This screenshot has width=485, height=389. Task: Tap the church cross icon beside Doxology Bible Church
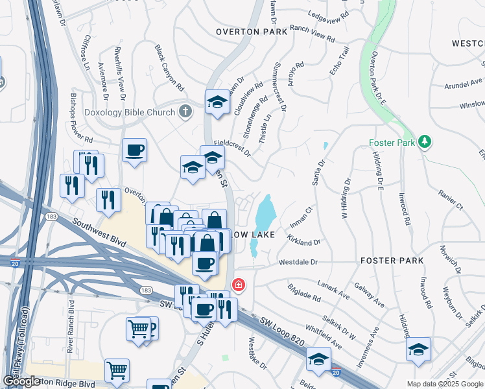click(185, 112)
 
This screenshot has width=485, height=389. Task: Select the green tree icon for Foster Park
click(425, 141)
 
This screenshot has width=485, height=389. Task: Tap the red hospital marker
click(239, 285)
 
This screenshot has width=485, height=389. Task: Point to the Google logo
click(21, 381)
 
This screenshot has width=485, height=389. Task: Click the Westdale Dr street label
click(298, 263)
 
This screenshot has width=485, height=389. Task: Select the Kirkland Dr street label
click(303, 240)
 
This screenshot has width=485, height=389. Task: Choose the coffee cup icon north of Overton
click(134, 150)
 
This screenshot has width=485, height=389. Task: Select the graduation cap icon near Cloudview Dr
click(217, 101)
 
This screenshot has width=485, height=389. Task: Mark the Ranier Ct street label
click(451, 200)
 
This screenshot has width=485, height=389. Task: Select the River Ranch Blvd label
click(70, 317)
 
